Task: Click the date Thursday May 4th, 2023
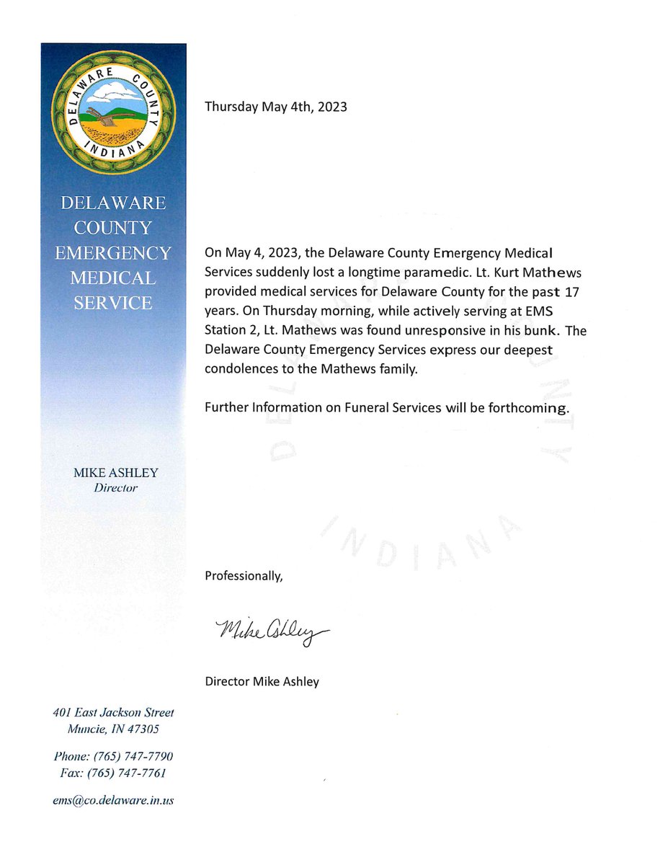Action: [275, 107]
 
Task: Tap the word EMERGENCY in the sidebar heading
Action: [114, 253]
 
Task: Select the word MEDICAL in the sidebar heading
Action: [114, 278]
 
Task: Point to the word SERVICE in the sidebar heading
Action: [114, 303]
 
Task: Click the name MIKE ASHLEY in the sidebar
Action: [115, 473]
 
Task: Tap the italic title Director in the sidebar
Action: [115, 488]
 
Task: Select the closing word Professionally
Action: [244, 575]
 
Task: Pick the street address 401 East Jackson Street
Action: [113, 712]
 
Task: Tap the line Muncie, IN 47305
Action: [113, 729]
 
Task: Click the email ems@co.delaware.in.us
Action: [113, 800]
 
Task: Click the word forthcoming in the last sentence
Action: [533, 407]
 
